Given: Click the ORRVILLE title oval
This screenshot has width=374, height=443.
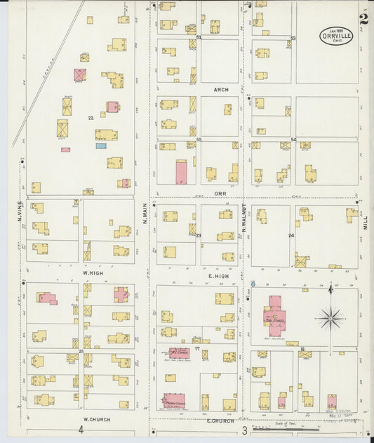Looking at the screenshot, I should pos(336,35).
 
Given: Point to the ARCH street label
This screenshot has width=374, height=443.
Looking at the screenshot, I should pos(221,90).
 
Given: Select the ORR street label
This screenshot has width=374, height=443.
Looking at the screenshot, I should pos(220,192).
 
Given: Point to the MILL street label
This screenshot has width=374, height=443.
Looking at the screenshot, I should pos(366,223).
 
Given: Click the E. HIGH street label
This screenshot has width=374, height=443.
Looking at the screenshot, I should pos(219,277).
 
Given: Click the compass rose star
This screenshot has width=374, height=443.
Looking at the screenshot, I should pos(330,318).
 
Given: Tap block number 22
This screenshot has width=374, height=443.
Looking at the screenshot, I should pos(91,117).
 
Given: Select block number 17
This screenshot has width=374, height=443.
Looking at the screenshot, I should pos(198,348).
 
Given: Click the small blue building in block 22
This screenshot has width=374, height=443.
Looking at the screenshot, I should pos(101,146).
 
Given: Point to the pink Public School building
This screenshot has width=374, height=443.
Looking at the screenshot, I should pos(273,313).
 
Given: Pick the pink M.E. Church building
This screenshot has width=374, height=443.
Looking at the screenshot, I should pos(179,352).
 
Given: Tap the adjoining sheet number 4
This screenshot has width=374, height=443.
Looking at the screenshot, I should pos(81,430).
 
